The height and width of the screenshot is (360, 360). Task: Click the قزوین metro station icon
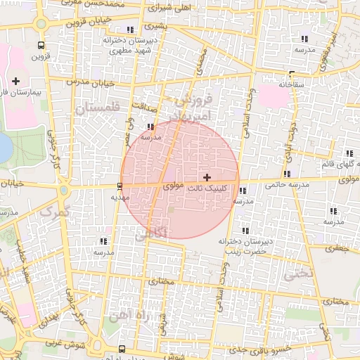tap(41, 44)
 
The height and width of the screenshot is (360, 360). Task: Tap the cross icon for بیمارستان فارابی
tap(16, 82)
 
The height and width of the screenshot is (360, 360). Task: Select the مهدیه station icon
tap(119, 186)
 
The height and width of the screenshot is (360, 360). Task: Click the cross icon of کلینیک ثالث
tap(206, 176)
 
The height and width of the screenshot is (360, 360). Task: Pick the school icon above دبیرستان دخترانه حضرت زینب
tap(245, 231)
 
